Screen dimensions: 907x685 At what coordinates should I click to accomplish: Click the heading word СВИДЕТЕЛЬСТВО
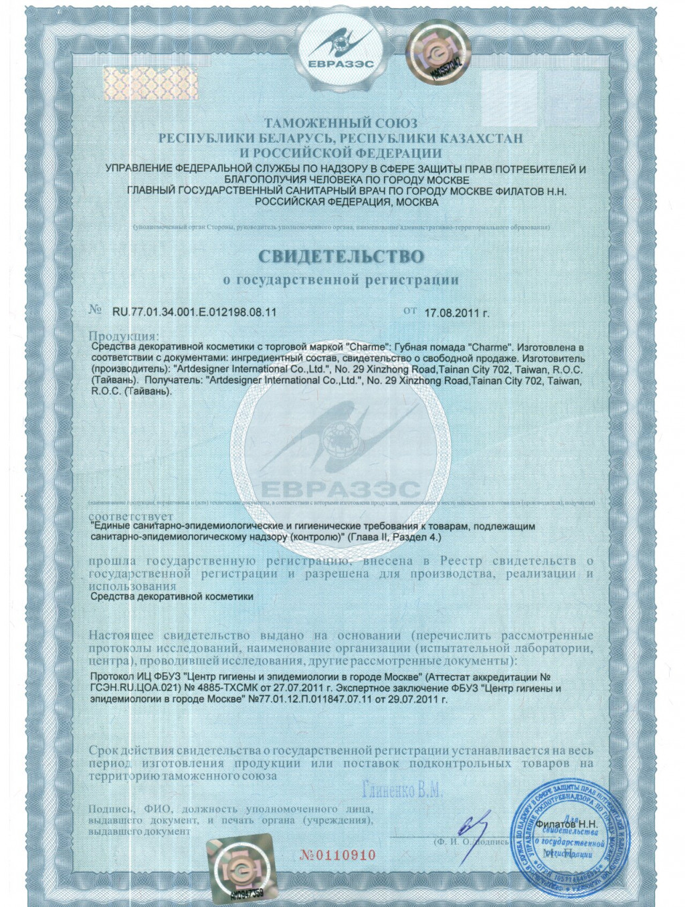point(341,256)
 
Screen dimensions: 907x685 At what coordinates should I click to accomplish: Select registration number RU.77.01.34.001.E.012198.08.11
point(194,312)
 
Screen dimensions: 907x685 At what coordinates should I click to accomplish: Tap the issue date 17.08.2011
point(457,312)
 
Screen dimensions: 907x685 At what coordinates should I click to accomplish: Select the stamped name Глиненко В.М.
point(401,791)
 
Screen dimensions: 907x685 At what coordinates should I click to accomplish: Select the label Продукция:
point(124,336)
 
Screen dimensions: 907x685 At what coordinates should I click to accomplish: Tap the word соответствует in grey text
point(130,516)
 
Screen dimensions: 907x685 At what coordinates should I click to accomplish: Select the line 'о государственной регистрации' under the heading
point(341,280)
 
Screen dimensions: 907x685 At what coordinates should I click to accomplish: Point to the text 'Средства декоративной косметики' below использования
point(172,596)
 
